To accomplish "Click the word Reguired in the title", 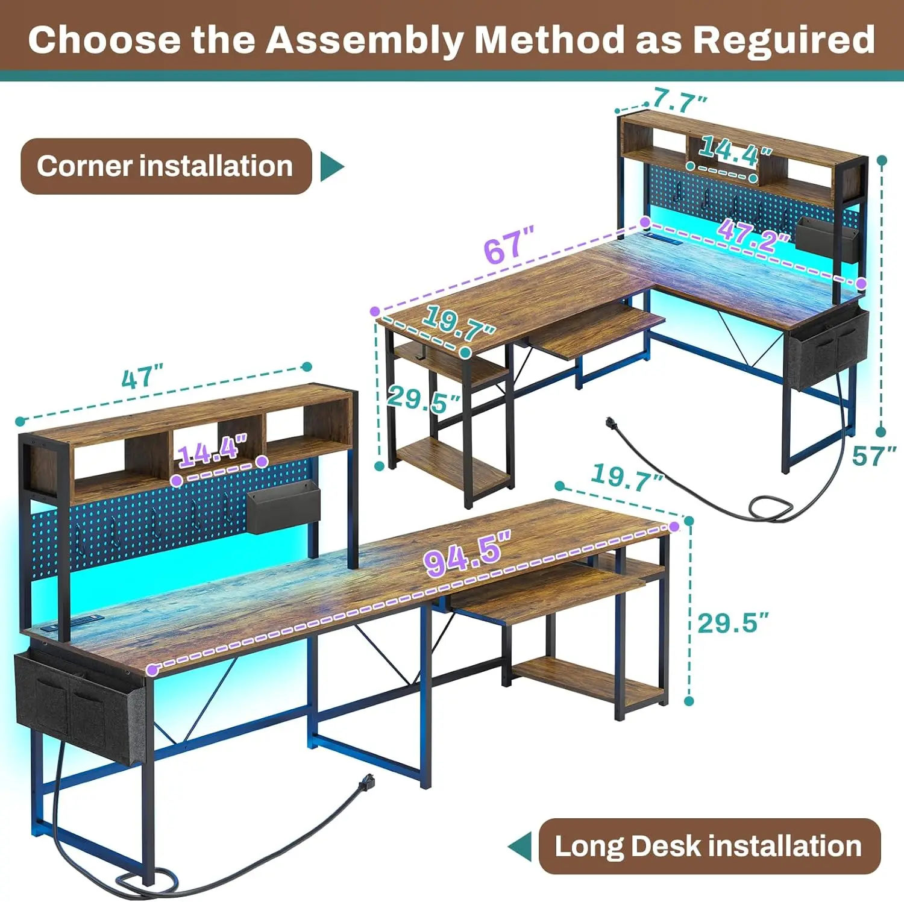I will click(x=783, y=40).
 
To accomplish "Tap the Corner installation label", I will click(x=165, y=166).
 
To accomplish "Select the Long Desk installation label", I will click(x=708, y=846).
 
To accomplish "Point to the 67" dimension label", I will click(x=508, y=246).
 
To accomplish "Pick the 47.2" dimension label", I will click(x=753, y=236).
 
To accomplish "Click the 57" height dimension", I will click(x=873, y=456).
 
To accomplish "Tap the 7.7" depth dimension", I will click(x=680, y=100).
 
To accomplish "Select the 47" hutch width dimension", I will click(x=142, y=378).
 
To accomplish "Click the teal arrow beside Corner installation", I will click(x=331, y=166).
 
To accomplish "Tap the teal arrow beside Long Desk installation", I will click(x=519, y=847).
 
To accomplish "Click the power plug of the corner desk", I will click(x=613, y=424).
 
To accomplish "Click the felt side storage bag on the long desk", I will click(x=78, y=702).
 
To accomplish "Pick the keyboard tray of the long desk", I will click(x=542, y=594).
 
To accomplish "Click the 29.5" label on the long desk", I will click(x=733, y=623).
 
